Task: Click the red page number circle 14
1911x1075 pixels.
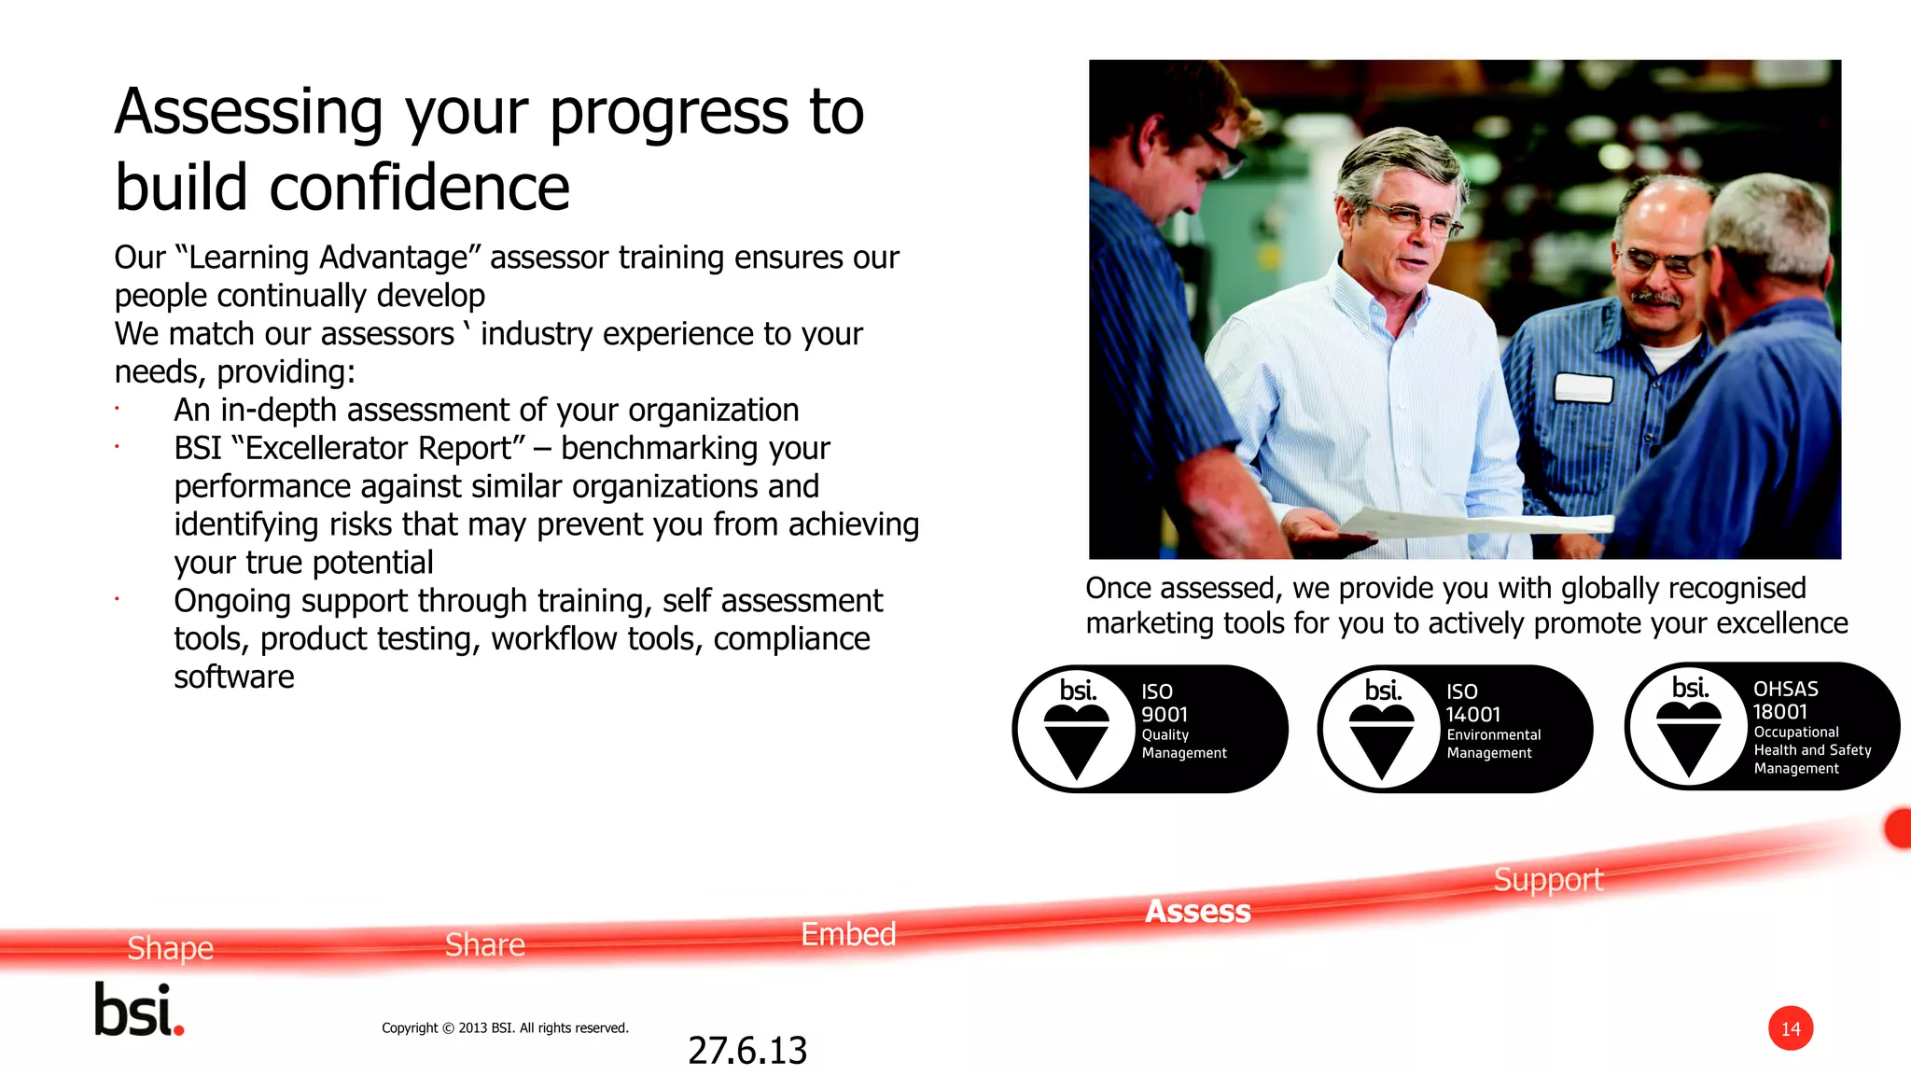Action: click(1790, 1028)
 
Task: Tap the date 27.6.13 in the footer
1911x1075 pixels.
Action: click(746, 1051)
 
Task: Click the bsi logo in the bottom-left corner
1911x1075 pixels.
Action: click(139, 1010)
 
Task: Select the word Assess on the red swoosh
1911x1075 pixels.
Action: click(1197, 911)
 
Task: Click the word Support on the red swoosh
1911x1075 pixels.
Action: click(1547, 880)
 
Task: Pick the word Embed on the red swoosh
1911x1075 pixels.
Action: click(848, 934)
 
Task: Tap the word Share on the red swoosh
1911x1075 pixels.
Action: click(484, 944)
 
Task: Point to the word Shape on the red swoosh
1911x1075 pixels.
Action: click(170, 948)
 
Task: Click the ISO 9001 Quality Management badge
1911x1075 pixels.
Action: click(1150, 729)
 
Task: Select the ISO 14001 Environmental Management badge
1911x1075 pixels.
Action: click(1455, 729)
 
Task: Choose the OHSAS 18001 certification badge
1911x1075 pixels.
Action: click(1762, 727)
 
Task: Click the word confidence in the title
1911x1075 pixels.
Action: click(419, 188)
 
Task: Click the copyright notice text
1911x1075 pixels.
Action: click(505, 1027)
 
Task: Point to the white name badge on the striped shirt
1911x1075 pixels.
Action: click(1583, 387)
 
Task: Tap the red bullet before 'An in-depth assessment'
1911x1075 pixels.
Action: click(118, 409)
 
